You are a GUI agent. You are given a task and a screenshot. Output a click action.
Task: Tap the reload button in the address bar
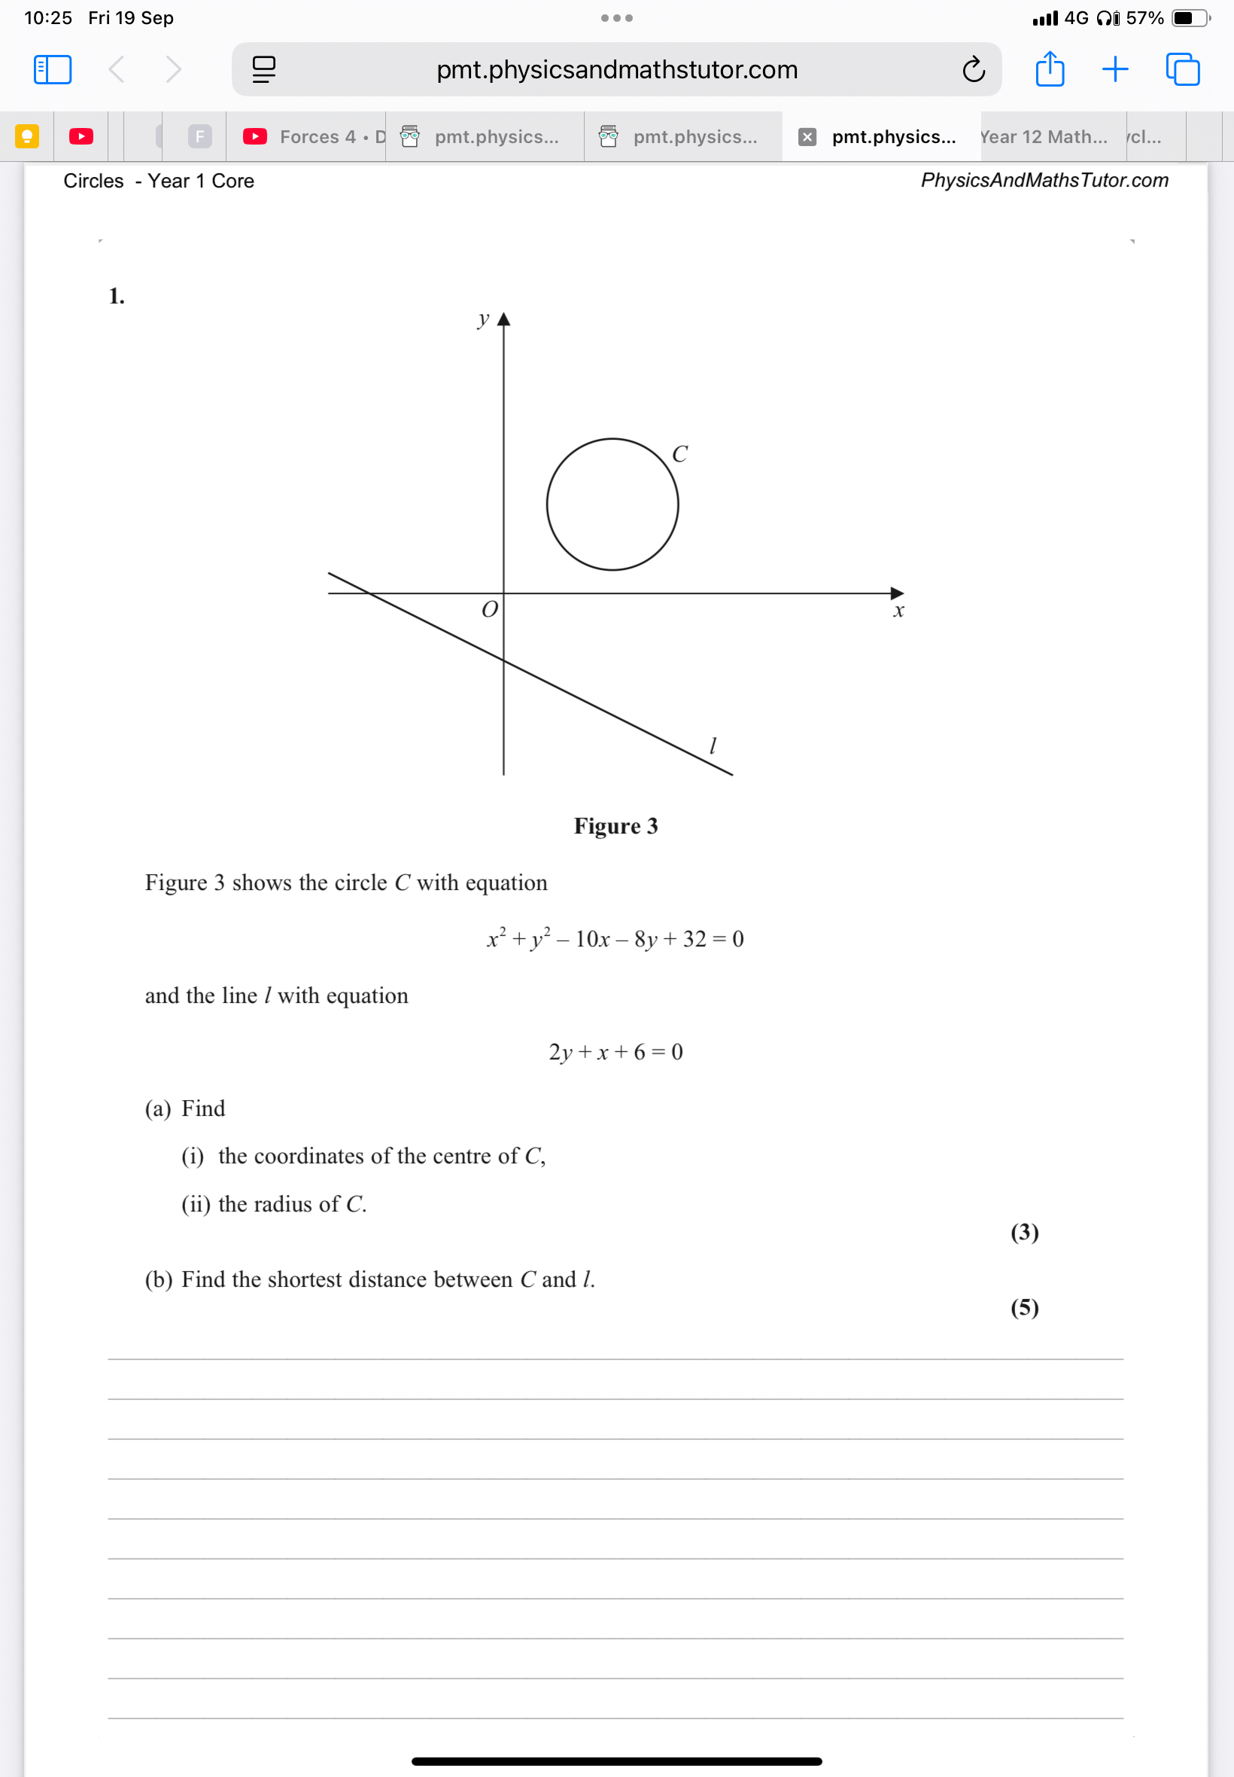(x=973, y=69)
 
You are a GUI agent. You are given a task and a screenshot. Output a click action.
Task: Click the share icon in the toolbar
(x=1049, y=69)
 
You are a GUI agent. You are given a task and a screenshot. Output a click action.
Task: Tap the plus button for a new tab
(x=1114, y=69)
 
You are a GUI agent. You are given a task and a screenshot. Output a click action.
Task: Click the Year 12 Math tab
(x=1043, y=137)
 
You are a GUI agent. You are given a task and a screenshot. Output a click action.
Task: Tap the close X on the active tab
(x=807, y=137)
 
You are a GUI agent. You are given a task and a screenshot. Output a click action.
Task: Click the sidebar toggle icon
(x=53, y=69)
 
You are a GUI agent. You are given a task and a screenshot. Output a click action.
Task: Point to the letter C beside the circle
(x=679, y=454)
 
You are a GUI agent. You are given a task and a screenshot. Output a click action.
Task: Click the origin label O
(x=489, y=611)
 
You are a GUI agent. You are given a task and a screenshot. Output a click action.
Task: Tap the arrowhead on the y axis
(x=503, y=319)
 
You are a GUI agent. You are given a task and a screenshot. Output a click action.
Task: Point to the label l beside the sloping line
(x=713, y=745)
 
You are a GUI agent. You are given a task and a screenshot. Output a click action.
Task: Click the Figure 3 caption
(x=615, y=826)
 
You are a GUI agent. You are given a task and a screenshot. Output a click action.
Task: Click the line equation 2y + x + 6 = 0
(x=615, y=1052)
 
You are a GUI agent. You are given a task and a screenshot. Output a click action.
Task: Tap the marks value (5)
(x=1025, y=1307)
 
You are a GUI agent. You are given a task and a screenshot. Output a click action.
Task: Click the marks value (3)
(x=1025, y=1232)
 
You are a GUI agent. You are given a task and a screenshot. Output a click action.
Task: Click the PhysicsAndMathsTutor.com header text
(x=1044, y=180)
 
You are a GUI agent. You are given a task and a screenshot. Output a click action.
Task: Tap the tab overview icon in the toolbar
(x=1182, y=69)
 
